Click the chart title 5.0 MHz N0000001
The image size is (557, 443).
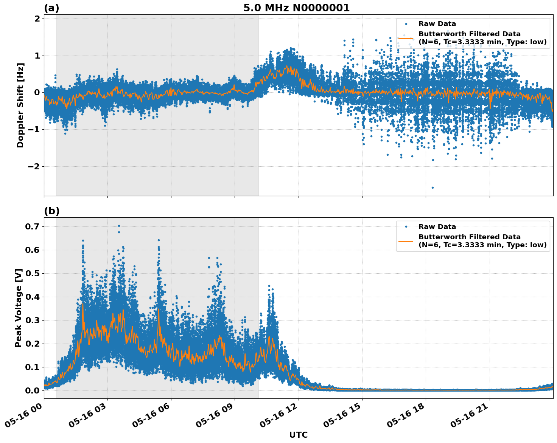(296, 8)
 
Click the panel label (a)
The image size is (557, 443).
(51, 8)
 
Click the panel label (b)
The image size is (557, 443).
(51, 211)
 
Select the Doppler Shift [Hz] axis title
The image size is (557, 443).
(20, 105)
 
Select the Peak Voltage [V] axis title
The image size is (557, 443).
(19, 308)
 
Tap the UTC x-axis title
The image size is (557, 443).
(298, 435)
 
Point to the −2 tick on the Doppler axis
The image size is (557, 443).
(34, 166)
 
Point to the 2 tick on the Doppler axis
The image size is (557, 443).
(37, 19)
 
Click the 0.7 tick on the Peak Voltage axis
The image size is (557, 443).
(33, 226)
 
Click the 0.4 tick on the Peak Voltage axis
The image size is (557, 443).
(33, 297)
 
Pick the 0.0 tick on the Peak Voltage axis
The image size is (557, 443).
(33, 390)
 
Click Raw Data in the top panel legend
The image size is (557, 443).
(437, 24)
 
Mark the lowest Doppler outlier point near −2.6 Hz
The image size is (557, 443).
(433, 187)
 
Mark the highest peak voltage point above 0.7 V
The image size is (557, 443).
(119, 226)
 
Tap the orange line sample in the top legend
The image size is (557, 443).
(406, 38)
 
